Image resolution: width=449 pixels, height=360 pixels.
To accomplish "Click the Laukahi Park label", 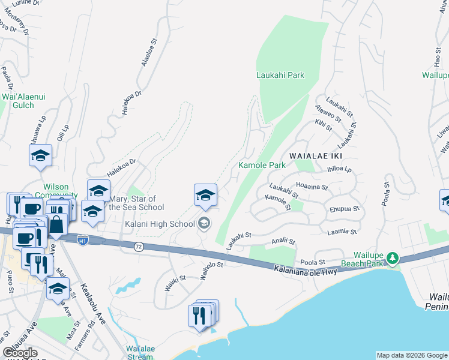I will click(x=280, y=75).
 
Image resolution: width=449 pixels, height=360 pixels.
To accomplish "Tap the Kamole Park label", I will click(x=262, y=165).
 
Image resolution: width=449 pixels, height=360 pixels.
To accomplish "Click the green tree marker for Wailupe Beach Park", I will click(x=393, y=258).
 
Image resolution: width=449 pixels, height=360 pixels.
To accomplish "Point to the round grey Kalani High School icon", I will click(x=205, y=224).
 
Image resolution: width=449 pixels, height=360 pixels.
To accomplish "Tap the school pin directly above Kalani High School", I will click(x=205, y=195).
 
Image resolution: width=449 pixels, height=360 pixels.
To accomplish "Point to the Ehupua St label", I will click(x=344, y=209).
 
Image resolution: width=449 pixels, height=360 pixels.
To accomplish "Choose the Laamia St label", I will click(x=343, y=232).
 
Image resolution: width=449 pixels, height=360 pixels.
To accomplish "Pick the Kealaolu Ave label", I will click(x=92, y=304).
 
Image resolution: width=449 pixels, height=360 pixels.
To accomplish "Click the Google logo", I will click(x=20, y=353).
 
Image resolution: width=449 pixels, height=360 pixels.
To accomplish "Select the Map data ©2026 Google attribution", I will click(x=412, y=355).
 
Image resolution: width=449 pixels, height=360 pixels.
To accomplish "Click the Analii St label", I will click(x=283, y=242).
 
